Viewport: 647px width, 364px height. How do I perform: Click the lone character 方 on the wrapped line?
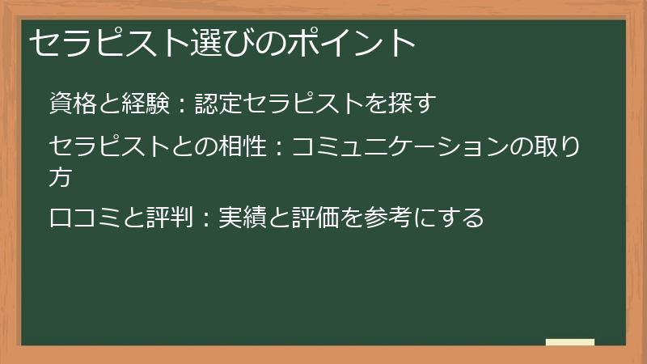(61, 176)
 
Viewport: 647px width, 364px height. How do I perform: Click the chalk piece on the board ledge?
(570, 342)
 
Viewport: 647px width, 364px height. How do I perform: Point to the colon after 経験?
(182, 105)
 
